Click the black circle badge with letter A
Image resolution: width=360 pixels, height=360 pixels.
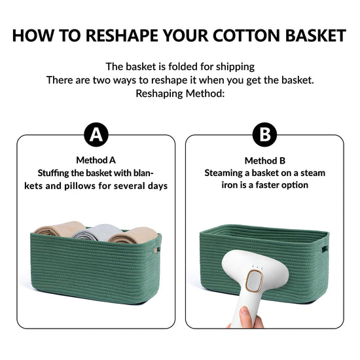click(96, 135)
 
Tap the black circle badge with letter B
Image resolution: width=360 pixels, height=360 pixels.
click(264, 135)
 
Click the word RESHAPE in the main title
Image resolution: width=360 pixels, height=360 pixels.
click(122, 35)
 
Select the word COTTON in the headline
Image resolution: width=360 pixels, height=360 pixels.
click(246, 35)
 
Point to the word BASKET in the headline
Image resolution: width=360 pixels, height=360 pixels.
click(315, 35)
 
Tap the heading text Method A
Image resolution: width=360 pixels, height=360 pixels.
click(96, 160)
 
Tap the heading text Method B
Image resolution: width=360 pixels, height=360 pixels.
click(265, 161)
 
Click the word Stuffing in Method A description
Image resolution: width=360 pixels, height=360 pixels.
click(53, 173)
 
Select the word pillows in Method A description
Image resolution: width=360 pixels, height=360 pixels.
click(80, 186)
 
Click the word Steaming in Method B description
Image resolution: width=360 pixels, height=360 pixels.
click(223, 173)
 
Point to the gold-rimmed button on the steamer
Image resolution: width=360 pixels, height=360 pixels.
click(254, 281)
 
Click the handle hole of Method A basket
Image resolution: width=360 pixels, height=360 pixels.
click(156, 249)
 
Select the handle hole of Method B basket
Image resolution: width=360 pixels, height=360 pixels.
click(325, 249)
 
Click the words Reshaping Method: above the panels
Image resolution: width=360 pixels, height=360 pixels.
click(180, 94)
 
